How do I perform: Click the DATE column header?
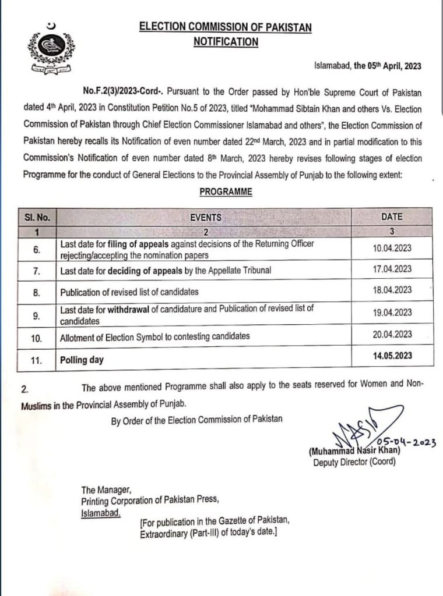click(x=392, y=217)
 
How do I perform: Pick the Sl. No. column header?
click(x=37, y=217)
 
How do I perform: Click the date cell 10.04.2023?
click(x=392, y=248)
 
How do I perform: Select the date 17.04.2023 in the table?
click(x=392, y=269)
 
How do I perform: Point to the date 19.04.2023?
click(x=392, y=313)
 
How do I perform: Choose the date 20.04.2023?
click(x=392, y=334)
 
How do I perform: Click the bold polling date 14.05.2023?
click(x=392, y=355)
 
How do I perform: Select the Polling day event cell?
click(x=82, y=360)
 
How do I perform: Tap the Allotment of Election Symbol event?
click(x=155, y=336)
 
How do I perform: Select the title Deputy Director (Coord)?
click(x=354, y=462)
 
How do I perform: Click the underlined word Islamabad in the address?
click(x=101, y=513)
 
